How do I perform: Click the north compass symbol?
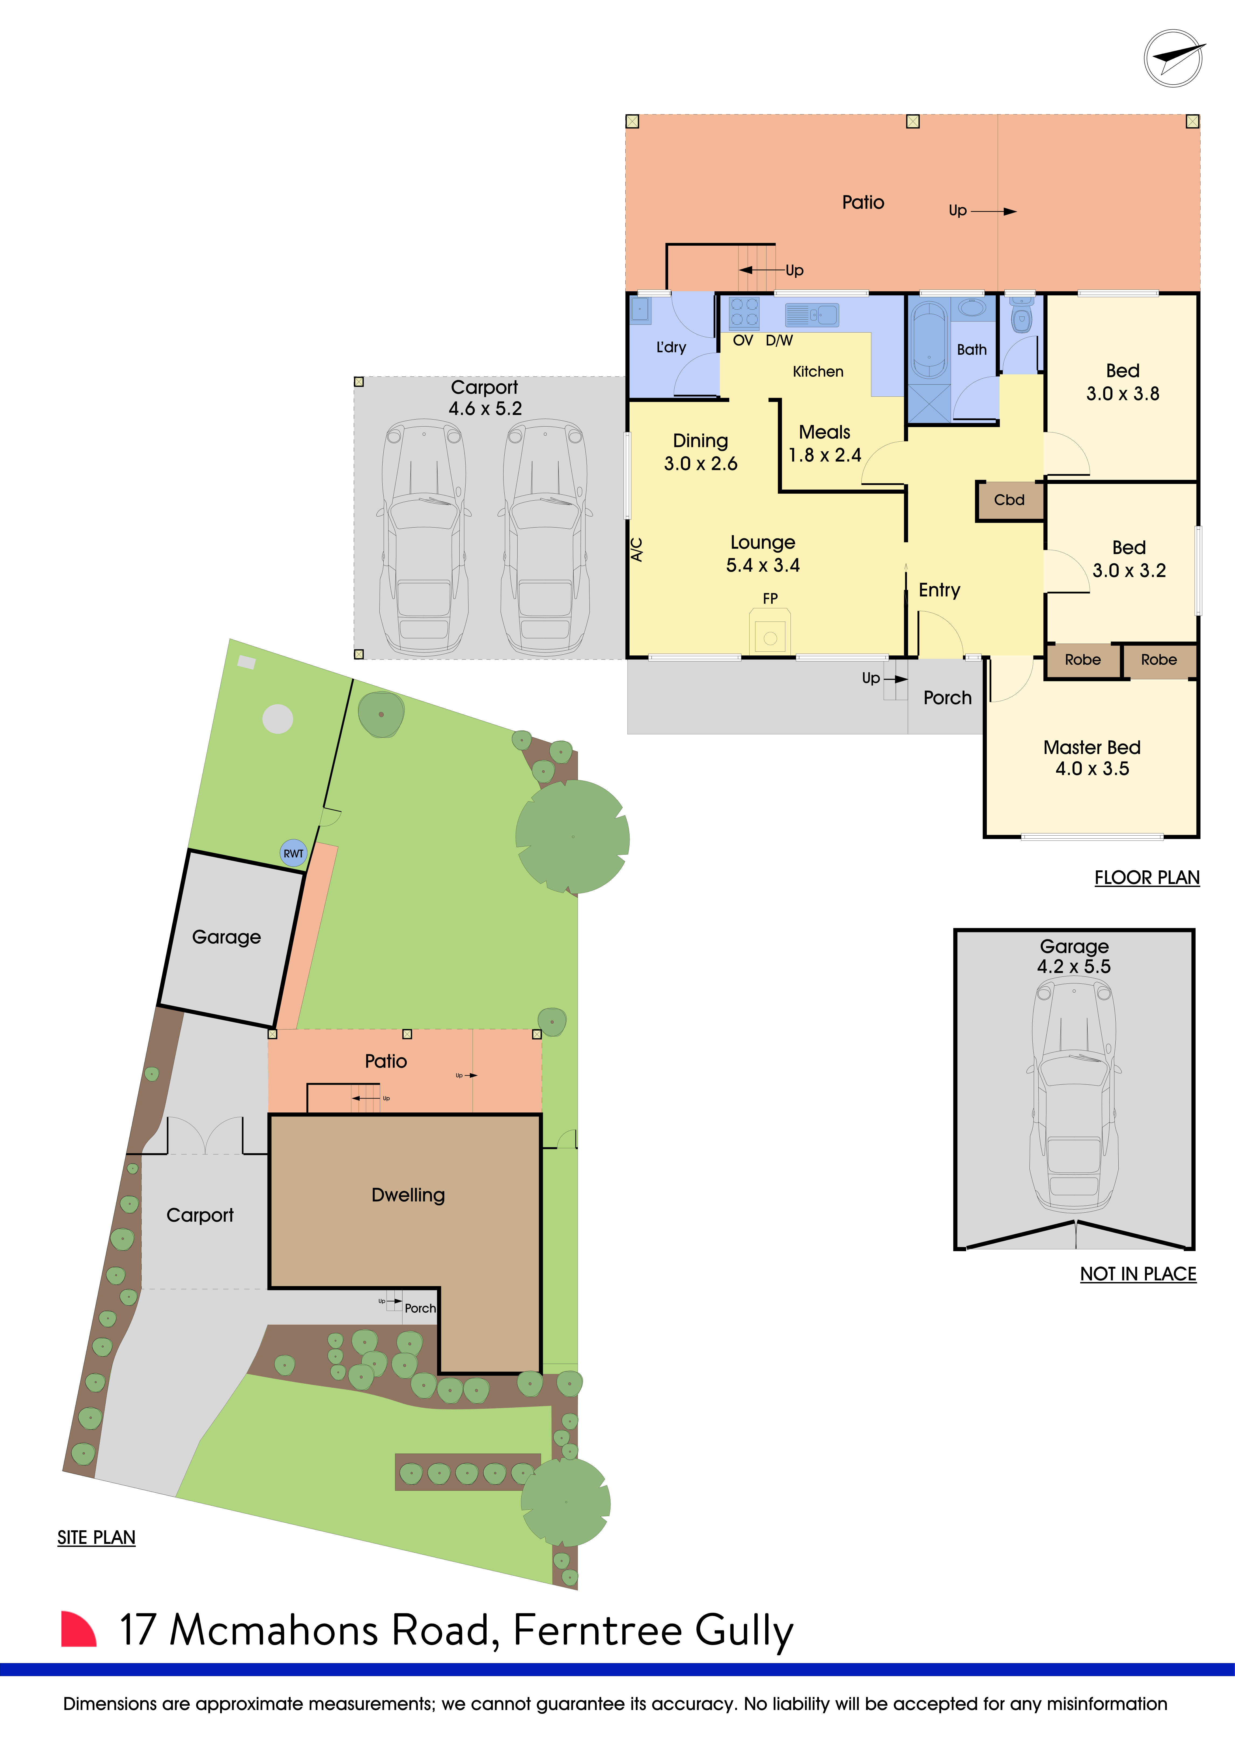pyautogui.click(x=1173, y=58)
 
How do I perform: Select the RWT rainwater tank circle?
pyautogui.click(x=294, y=853)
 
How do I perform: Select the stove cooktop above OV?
pyautogui.click(x=744, y=312)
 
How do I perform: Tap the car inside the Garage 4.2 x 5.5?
pyautogui.click(x=1074, y=1094)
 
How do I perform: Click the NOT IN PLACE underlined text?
pyautogui.click(x=1138, y=1274)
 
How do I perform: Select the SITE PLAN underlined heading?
pyautogui.click(x=96, y=1538)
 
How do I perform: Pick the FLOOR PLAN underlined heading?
pyautogui.click(x=1147, y=878)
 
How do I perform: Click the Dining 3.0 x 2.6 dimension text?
pyautogui.click(x=700, y=464)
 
